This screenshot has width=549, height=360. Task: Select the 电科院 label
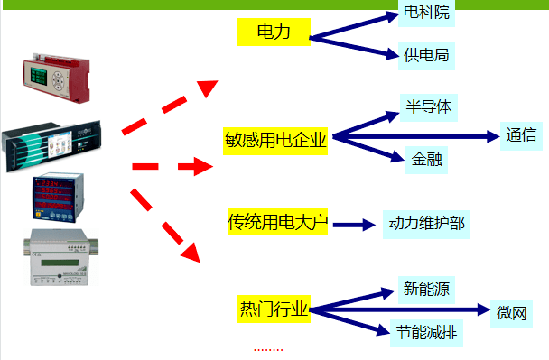pyautogui.click(x=425, y=14)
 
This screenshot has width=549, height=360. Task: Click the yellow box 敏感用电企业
pyautogui.click(x=275, y=140)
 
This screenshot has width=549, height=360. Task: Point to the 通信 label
pyautogui.click(x=521, y=136)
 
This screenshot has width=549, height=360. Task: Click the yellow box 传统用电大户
pyautogui.click(x=277, y=221)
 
